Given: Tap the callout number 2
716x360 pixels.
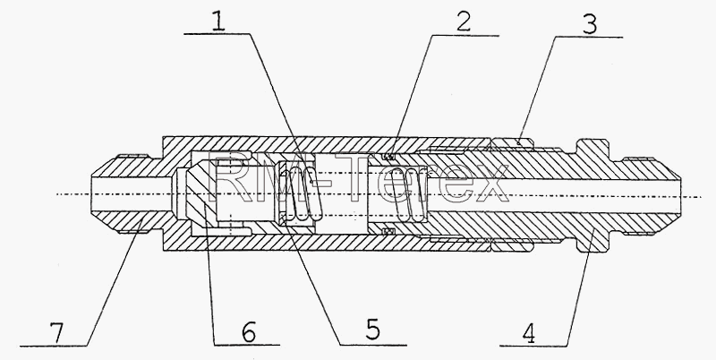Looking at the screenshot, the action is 463,22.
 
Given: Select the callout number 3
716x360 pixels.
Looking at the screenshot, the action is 589,24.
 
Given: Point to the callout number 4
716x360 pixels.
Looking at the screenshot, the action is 528,334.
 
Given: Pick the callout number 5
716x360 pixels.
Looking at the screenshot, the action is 372,330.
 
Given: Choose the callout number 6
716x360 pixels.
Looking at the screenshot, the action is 249,332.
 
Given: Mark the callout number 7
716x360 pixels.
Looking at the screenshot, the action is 57,334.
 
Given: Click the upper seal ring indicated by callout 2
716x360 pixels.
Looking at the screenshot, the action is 388,157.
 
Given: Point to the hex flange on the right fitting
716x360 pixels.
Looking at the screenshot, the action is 593,195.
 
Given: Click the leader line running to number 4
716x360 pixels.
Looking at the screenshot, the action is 580,287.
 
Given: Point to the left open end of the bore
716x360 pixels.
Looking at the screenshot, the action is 91,195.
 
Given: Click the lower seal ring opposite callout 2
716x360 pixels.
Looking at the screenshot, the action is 388,231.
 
